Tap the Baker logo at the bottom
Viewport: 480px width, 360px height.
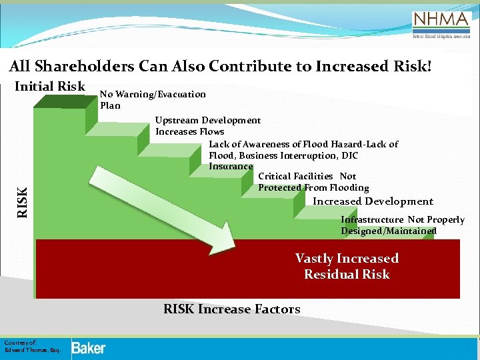(x=88, y=347)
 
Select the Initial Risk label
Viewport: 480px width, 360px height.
(x=50, y=86)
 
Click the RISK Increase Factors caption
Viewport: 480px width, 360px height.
(x=231, y=309)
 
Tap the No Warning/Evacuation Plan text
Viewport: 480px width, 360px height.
(x=153, y=99)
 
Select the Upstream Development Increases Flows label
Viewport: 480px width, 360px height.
(x=207, y=126)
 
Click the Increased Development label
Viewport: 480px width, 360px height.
(x=373, y=201)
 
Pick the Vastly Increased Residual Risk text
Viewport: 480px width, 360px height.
(x=347, y=266)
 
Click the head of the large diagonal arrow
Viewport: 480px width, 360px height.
(x=220, y=236)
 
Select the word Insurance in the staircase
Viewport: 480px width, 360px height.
(x=231, y=166)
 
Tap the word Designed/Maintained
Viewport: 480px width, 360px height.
(x=389, y=231)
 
